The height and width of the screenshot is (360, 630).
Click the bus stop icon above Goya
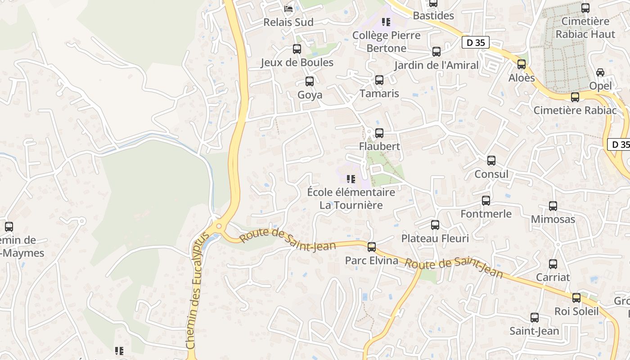[309, 81]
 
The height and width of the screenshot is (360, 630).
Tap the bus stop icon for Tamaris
[379, 80]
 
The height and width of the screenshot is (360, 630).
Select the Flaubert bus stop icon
[379, 133]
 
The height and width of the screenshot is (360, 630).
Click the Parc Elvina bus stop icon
[372, 247]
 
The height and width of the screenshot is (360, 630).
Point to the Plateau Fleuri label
[435, 238]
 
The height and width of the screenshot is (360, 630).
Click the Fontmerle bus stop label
[486, 214]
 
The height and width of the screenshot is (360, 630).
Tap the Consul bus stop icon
[491, 161]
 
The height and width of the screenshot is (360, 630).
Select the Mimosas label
[553, 219]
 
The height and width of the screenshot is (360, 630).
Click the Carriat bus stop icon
[553, 264]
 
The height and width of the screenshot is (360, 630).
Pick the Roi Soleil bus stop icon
[576, 298]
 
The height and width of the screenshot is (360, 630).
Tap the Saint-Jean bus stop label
[534, 331]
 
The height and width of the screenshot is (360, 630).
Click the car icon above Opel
[600, 72]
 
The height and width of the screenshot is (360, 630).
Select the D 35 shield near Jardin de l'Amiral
[475, 43]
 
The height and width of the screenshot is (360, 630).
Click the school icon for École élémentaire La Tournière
[351, 179]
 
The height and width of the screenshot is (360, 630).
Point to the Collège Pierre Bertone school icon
[386, 22]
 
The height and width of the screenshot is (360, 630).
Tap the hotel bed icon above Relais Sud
[288, 8]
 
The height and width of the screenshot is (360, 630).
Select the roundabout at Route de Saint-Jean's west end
[219, 226]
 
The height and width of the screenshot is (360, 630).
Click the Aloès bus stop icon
[522, 64]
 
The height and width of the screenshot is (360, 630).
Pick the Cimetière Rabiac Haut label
[585, 27]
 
